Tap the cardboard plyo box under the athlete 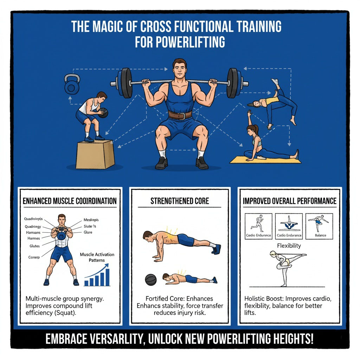(x=95, y=155)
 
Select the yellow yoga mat (x=265, y=160)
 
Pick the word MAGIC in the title (x=114, y=27)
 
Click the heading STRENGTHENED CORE (x=180, y=201)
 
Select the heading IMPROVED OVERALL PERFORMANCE (x=289, y=201)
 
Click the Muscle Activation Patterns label (x=97, y=257)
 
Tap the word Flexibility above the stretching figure (x=289, y=246)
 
